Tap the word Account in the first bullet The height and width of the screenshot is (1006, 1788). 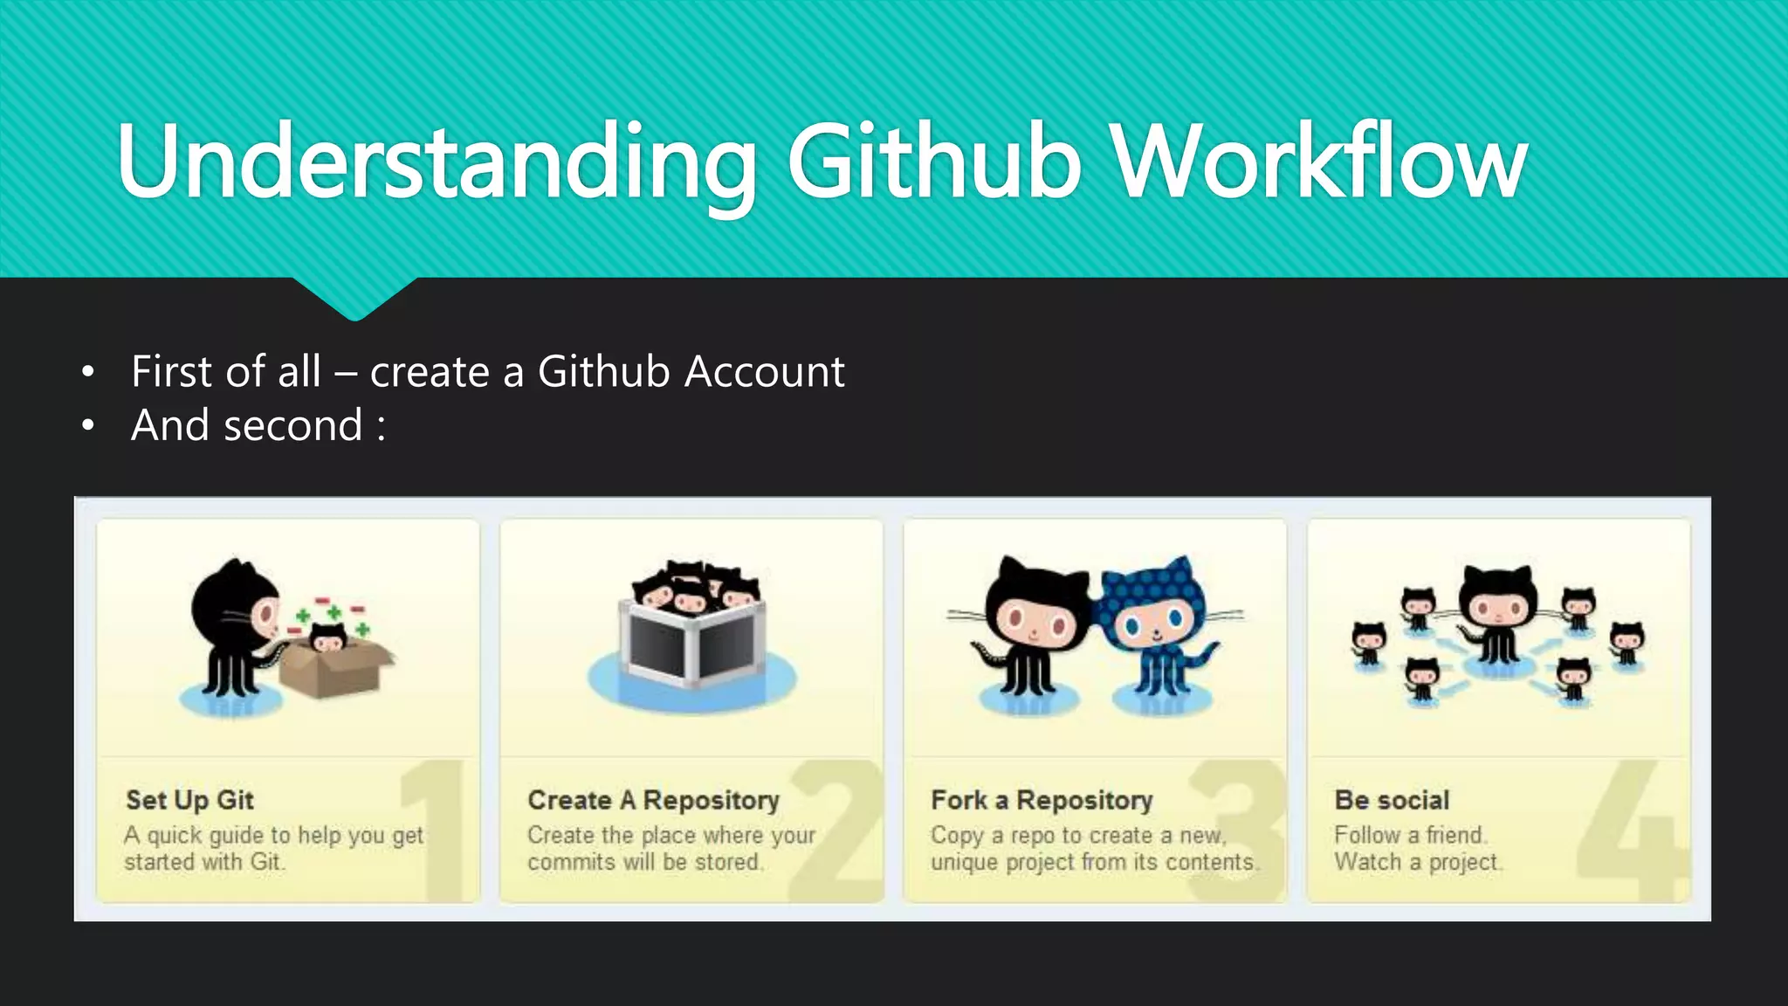tap(764, 372)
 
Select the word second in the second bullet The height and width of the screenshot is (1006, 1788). tap(292, 426)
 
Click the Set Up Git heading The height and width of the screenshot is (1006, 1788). tap(189, 800)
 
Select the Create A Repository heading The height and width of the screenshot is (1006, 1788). tap(653, 800)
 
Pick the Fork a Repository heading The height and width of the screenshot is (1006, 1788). tap(1042, 800)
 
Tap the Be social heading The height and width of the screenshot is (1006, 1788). tap(1392, 800)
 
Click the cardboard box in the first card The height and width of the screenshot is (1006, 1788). tap(336, 668)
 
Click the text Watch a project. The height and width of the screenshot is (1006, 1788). tap(1417, 863)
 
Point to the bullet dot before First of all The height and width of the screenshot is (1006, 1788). tap(87, 373)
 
